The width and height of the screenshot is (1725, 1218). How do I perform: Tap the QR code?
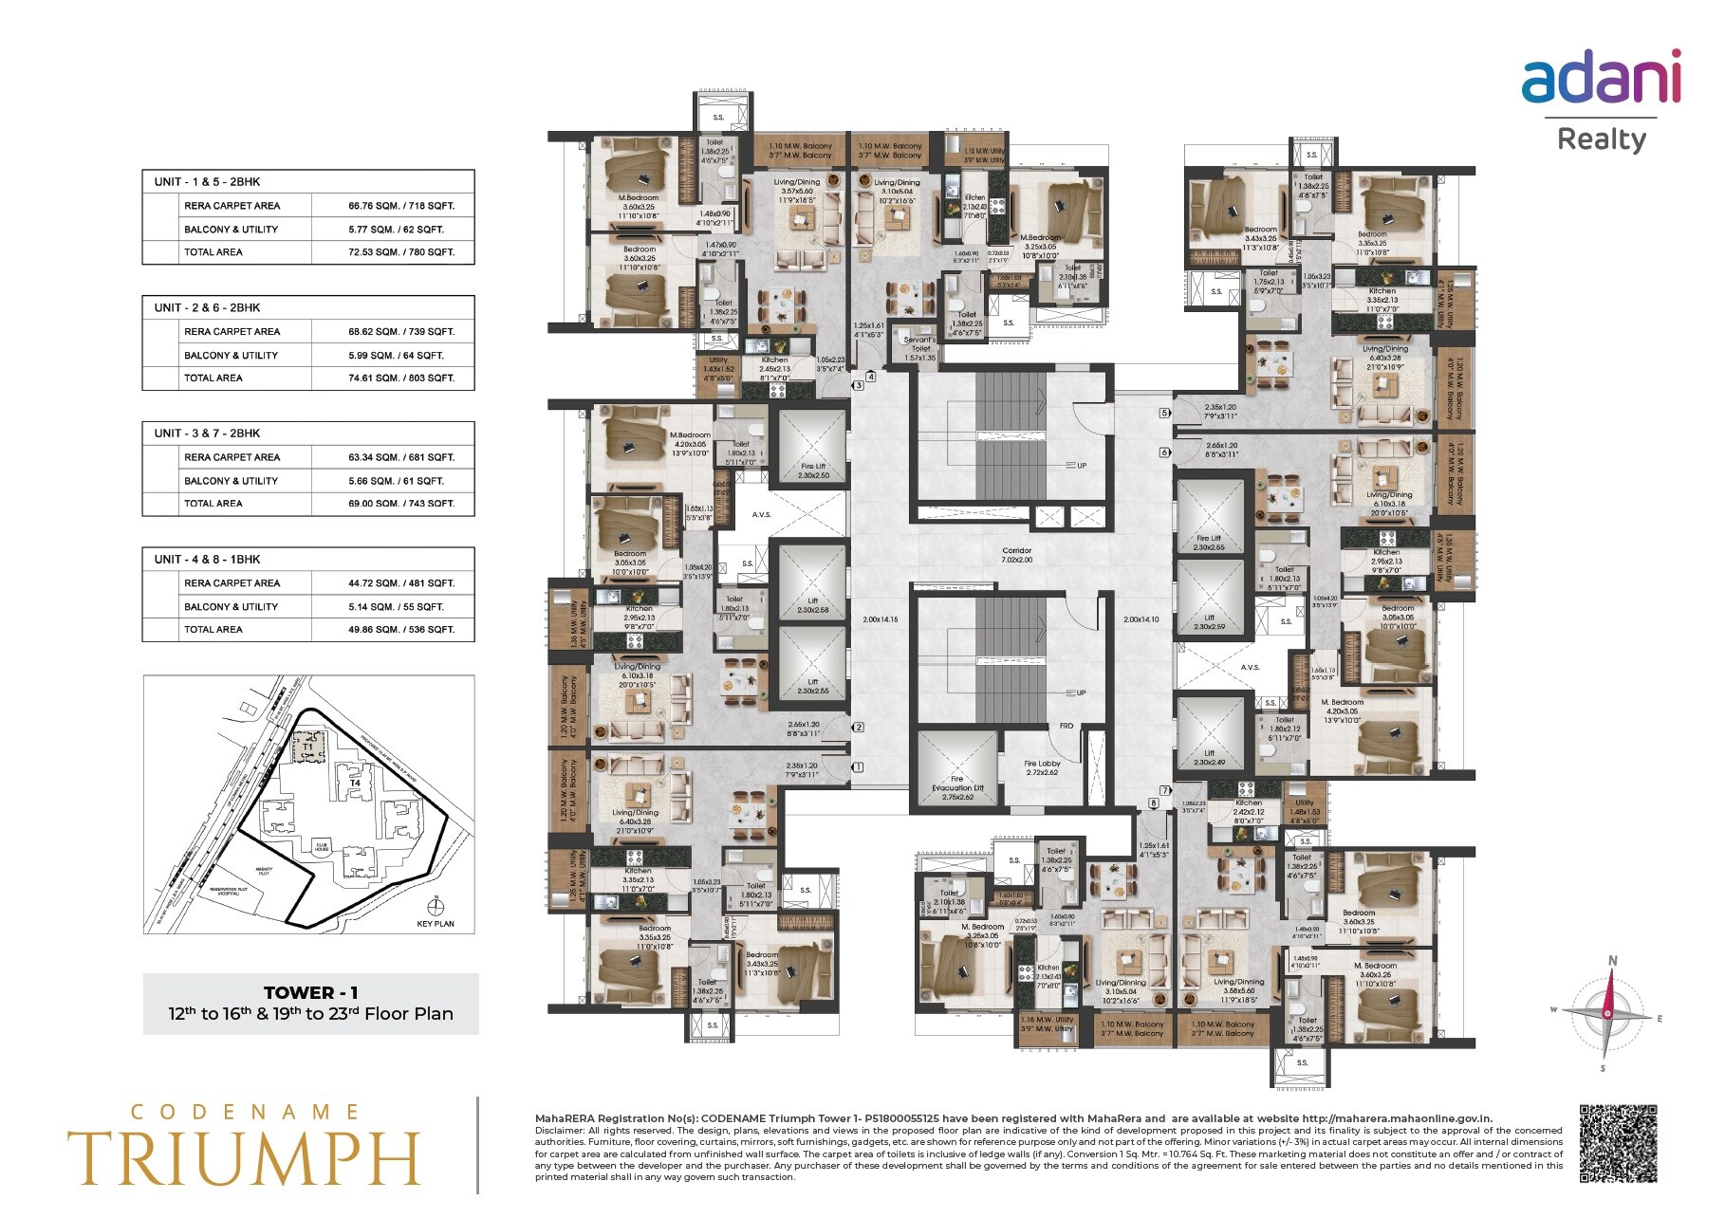pyautogui.click(x=1618, y=1143)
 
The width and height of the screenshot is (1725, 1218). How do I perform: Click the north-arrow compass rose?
pyautogui.click(x=1606, y=1014)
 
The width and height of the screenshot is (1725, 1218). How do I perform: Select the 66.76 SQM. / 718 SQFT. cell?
pyautogui.click(x=400, y=206)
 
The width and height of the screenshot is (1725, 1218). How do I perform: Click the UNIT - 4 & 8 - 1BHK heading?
pyautogui.click(x=208, y=559)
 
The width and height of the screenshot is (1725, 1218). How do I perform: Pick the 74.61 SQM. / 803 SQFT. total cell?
pyautogui.click(x=400, y=378)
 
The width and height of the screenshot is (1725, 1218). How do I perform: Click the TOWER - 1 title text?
pyautogui.click(x=310, y=992)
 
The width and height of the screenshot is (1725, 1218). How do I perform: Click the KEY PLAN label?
pyautogui.click(x=436, y=923)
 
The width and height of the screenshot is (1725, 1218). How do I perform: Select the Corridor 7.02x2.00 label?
pyautogui.click(x=1015, y=555)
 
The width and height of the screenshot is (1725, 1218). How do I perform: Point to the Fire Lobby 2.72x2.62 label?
pyautogui.click(x=1042, y=767)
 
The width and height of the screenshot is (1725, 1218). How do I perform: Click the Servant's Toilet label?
pyautogui.click(x=919, y=348)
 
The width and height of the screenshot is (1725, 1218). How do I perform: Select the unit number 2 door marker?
pyautogui.click(x=858, y=728)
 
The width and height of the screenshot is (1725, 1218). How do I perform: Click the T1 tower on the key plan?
pyautogui.click(x=307, y=747)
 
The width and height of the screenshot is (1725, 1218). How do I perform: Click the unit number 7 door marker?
pyautogui.click(x=1164, y=790)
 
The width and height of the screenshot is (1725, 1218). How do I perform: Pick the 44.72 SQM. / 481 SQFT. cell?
pyautogui.click(x=400, y=583)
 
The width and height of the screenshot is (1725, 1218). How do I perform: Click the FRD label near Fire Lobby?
pyautogui.click(x=1067, y=726)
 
